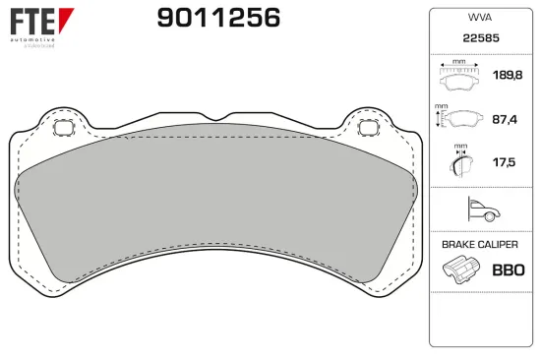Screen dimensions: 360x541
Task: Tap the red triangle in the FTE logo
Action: [x=64, y=19]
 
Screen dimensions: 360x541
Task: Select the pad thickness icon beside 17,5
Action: [x=458, y=161]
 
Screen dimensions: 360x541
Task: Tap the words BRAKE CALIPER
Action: [x=479, y=244]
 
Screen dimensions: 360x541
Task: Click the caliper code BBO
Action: [x=508, y=270]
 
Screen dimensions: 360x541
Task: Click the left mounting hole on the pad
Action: [x=61, y=128]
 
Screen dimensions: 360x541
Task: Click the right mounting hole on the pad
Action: [x=370, y=128]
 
